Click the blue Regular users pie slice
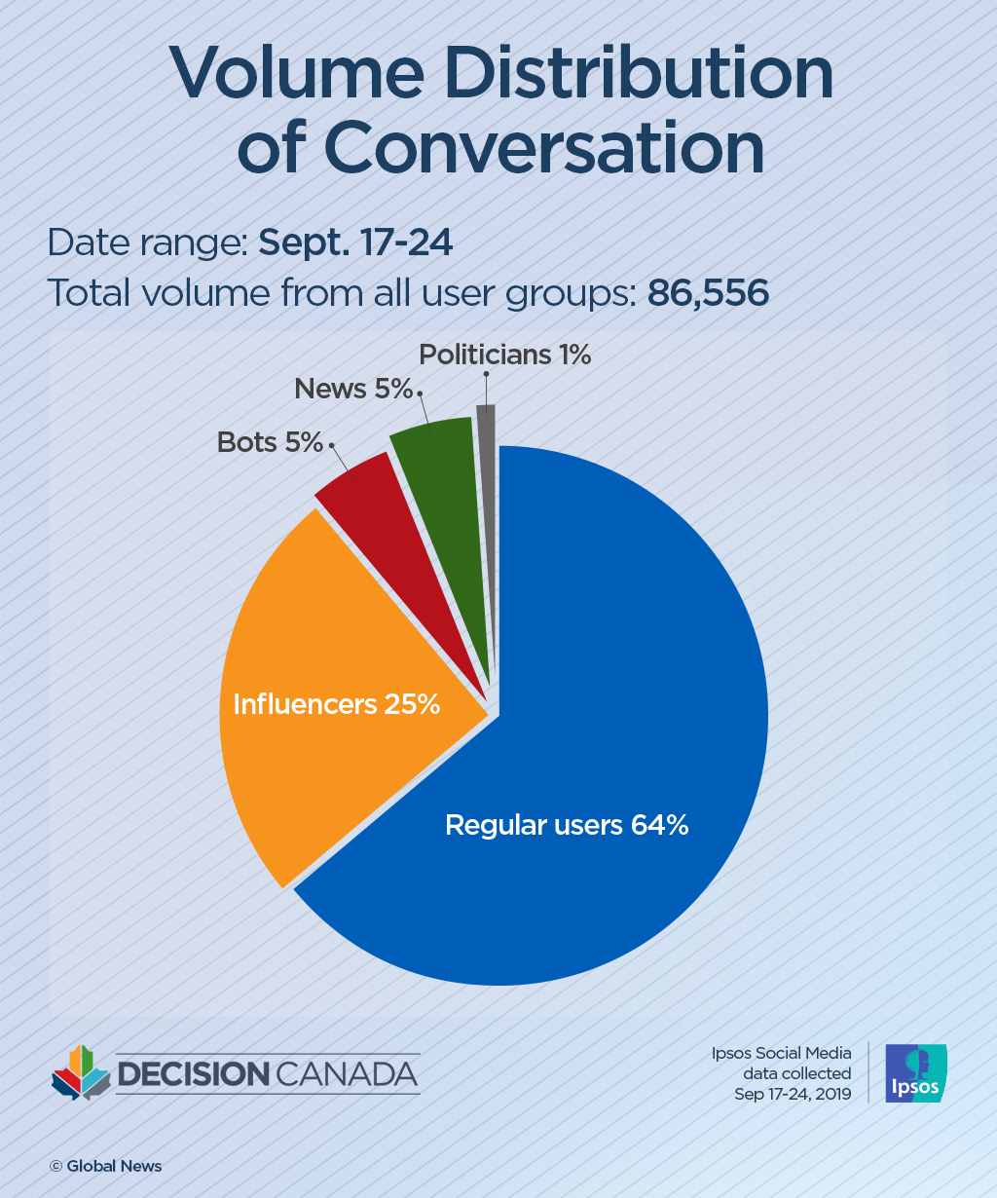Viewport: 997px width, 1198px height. click(604, 682)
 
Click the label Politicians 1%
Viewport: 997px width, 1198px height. click(504, 356)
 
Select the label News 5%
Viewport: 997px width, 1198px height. click(353, 390)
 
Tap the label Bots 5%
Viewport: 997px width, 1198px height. click(270, 443)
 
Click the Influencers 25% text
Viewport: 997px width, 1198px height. click(336, 704)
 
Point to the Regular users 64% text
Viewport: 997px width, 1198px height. click(567, 825)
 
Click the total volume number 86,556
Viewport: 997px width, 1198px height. click(708, 293)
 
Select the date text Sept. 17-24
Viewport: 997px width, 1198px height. click(355, 243)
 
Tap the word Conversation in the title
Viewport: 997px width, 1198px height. click(543, 148)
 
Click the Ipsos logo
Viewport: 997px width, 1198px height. click(915, 1073)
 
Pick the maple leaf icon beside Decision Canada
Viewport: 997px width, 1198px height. click(80, 1073)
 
